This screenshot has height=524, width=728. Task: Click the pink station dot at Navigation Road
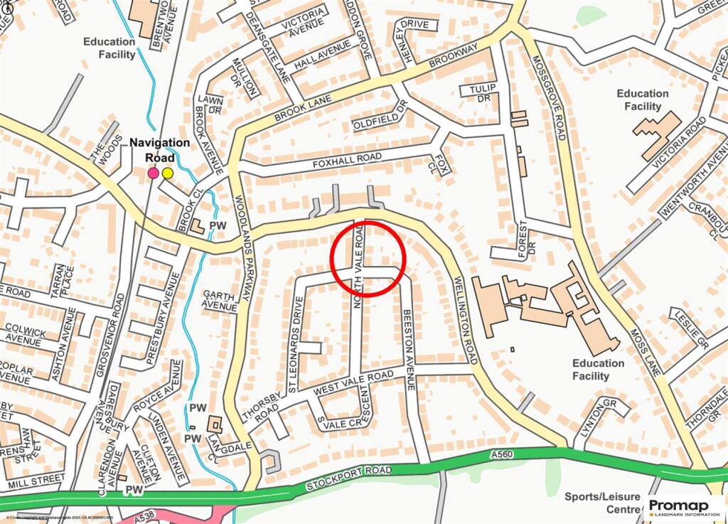[x=153, y=173]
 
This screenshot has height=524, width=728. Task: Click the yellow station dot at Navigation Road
[x=168, y=173]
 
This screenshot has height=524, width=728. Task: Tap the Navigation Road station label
[x=159, y=150]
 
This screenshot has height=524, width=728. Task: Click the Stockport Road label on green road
[x=349, y=479]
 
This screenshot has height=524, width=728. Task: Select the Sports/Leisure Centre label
[x=602, y=503]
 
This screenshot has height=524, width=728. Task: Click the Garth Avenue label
[x=220, y=301]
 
